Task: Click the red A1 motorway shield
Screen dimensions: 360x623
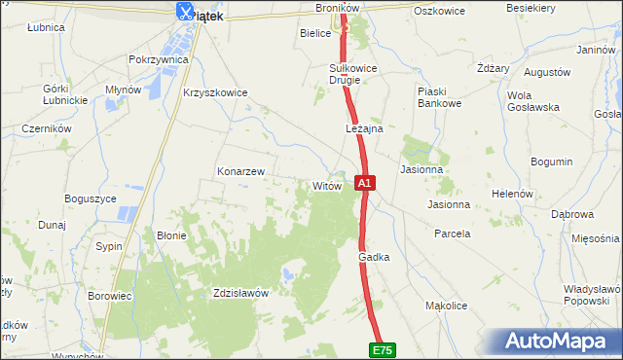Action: coord(364,182)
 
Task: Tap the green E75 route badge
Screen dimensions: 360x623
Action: coord(384,349)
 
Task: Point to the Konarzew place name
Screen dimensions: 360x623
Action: coord(240,171)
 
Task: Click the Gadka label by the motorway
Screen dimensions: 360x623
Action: coord(374,257)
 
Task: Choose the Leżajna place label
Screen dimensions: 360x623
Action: coord(364,128)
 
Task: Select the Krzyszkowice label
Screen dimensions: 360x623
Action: coord(215,93)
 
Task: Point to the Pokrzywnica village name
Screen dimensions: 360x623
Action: coord(158,59)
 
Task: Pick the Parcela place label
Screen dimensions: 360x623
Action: coord(453,234)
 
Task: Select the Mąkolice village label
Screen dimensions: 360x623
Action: coord(447,306)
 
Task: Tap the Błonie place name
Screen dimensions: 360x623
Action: coord(171,235)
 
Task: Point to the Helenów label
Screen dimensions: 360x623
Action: coord(511,194)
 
